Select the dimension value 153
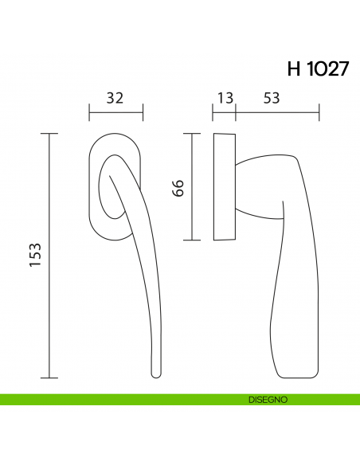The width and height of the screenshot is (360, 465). coord(35,255)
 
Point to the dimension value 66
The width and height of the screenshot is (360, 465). coord(178,188)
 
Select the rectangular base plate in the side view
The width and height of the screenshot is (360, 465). coord(225,187)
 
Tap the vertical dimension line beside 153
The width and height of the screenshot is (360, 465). coord(50,255)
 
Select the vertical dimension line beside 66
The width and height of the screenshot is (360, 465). coord(191,187)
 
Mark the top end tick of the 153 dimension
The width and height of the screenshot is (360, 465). coord(50,133)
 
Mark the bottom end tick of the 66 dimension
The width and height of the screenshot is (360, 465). coord(191,240)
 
